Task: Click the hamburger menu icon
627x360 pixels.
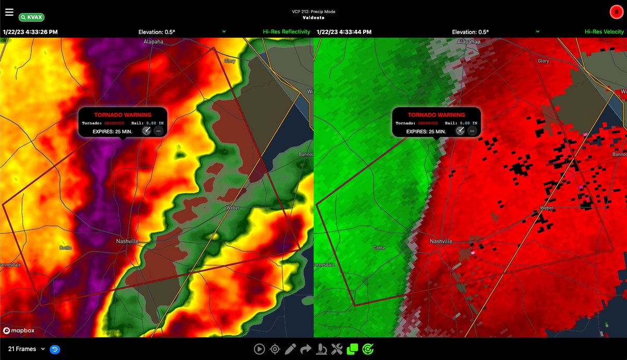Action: pos(9,11)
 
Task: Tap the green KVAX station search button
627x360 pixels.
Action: pos(31,17)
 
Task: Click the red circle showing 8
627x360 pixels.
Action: pos(617,11)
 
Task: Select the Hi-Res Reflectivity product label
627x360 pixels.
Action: pos(286,32)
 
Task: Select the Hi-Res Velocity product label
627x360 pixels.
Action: pos(604,32)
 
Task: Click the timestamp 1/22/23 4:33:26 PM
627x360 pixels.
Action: pos(30,32)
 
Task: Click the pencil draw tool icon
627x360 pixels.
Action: pos(291,349)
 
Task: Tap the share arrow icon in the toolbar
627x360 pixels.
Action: pos(306,349)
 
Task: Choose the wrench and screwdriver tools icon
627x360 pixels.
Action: pos(337,349)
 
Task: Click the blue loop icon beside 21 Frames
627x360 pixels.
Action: pos(55,349)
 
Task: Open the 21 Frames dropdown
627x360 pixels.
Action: pos(26,349)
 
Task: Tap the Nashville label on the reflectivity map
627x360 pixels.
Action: pos(127,241)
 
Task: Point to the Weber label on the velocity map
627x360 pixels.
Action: pos(546,208)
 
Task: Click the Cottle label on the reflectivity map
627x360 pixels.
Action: pos(65,247)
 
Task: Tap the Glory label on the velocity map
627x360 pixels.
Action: pos(543,61)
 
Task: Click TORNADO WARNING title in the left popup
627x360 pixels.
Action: pos(123,115)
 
